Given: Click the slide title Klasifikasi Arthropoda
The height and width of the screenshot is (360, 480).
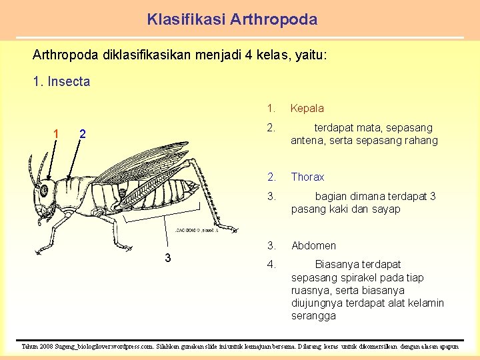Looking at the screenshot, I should coord(232,19).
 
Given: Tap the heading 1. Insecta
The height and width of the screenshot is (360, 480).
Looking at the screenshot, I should coord(61,82).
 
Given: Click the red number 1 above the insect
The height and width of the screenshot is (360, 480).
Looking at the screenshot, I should coord(56,134).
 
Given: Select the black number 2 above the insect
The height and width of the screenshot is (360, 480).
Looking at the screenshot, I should coord(82,134).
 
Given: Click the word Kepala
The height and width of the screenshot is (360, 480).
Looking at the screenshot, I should coord(307,108).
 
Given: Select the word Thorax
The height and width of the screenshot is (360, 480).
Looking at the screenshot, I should coord(307,177).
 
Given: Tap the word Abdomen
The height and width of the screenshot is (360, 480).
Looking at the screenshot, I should coord(313,245).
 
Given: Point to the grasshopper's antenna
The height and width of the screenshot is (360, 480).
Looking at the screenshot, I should coord(31,170).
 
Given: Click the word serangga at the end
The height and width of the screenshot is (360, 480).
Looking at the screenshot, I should coord(313,316).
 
